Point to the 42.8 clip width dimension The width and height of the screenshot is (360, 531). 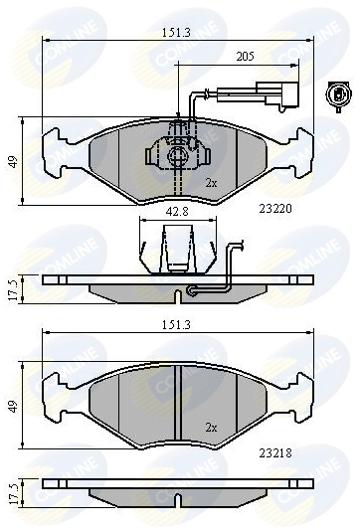pos(178,212)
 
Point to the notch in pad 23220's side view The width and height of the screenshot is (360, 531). pos(178,293)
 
